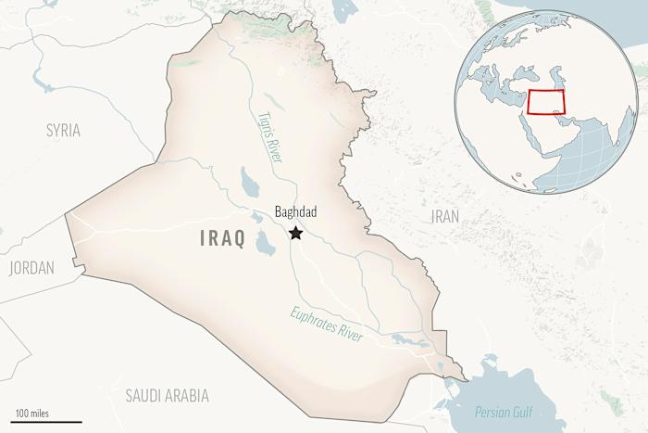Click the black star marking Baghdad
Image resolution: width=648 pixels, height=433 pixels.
click(x=296, y=233)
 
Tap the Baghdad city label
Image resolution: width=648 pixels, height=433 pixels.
click(x=296, y=212)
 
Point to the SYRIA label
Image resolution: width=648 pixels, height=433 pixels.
click(x=63, y=131)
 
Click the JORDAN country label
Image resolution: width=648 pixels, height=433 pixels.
click(x=31, y=268)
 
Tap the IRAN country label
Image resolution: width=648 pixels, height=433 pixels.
click(x=445, y=216)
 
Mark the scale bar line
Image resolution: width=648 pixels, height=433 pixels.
click(x=42, y=422)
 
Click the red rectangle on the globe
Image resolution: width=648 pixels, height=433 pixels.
click(x=546, y=102)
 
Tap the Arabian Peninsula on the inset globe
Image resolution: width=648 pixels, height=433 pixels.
click(x=555, y=139)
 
